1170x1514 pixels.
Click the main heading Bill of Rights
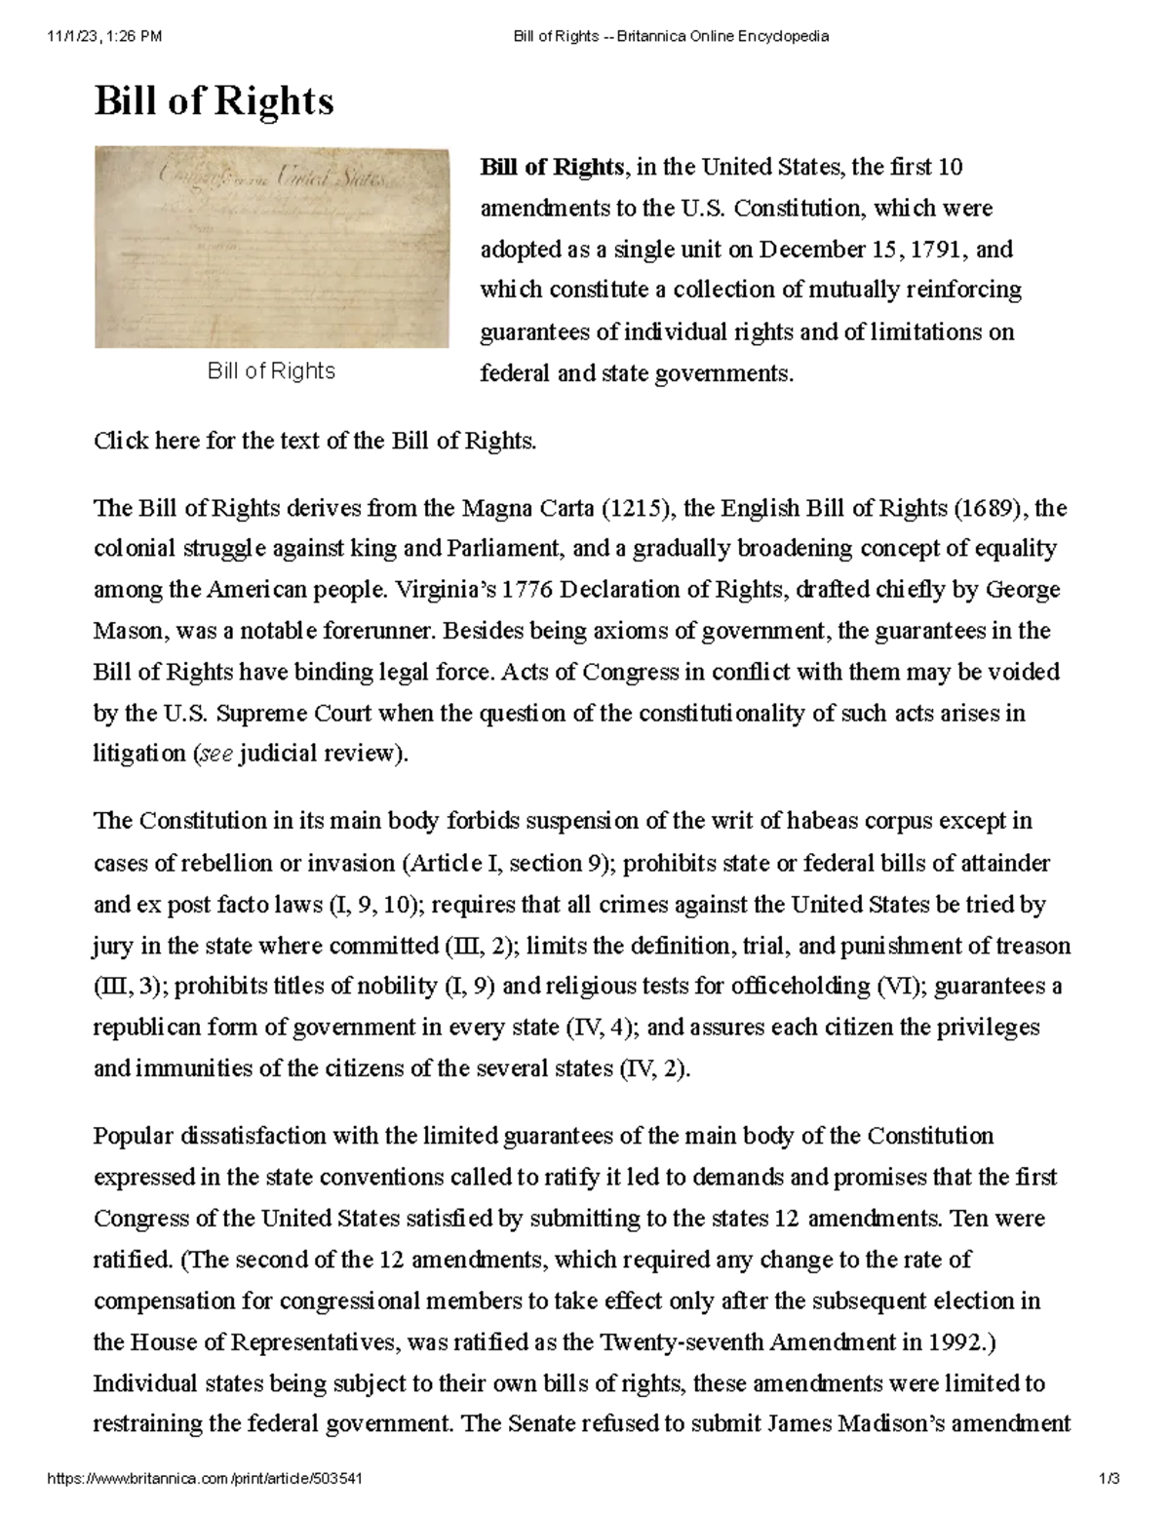[x=214, y=101]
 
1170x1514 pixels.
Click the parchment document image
[x=271, y=248]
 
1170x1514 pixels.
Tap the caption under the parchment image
[x=271, y=371]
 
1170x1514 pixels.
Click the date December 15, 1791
[x=862, y=250]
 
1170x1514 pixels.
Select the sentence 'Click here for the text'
[x=315, y=441]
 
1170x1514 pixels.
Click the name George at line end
[x=1023, y=590]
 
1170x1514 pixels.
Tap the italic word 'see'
[x=215, y=755]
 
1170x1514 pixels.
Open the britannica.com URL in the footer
[x=206, y=1479]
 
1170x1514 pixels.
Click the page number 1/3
[x=1109, y=1479]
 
